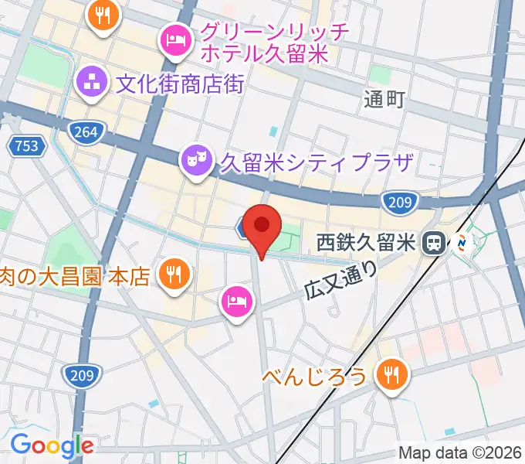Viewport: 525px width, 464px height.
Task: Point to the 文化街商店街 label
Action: click(179, 82)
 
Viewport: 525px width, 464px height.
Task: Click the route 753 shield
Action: click(25, 146)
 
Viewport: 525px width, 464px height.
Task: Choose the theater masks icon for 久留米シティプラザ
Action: click(194, 161)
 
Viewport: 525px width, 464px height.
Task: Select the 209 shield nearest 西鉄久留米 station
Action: click(400, 203)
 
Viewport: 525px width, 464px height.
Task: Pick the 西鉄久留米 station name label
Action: click(367, 244)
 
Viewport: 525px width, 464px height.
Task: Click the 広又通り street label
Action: click(340, 281)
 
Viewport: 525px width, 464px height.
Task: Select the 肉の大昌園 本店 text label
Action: click(76, 275)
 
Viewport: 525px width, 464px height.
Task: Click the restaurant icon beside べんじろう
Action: click(393, 375)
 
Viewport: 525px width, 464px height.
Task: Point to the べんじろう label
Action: click(314, 377)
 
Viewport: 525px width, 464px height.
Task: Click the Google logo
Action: click(51, 445)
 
